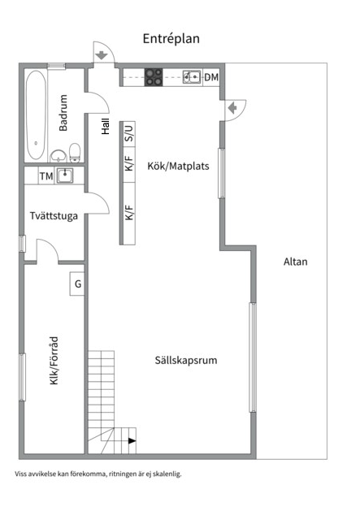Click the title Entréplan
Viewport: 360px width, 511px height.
(x=171, y=38)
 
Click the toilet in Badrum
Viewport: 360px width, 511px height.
(x=75, y=153)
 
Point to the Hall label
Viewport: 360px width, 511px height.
(x=105, y=127)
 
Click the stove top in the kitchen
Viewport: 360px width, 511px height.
(x=154, y=77)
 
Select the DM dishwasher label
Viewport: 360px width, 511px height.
(x=211, y=77)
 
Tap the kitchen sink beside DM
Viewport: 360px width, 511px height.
(x=192, y=77)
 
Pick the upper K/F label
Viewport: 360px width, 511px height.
(x=128, y=164)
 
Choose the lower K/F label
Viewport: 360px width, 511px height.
(x=128, y=213)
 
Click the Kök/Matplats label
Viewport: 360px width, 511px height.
(x=178, y=167)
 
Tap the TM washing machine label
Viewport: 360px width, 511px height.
(x=46, y=175)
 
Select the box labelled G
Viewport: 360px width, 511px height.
(x=78, y=284)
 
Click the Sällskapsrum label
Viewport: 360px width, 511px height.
(x=185, y=360)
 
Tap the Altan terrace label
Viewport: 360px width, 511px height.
(x=296, y=262)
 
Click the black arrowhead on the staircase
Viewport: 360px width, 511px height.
(x=132, y=441)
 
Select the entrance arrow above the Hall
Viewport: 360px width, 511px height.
(x=102, y=55)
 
